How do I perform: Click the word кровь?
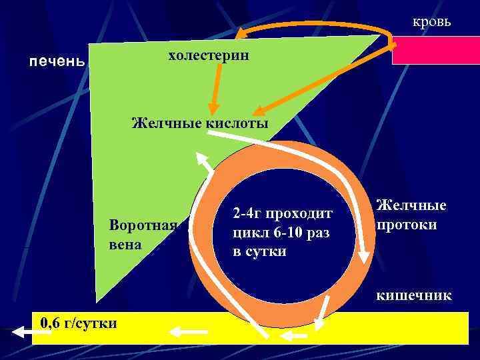431,22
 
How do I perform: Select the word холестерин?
209,55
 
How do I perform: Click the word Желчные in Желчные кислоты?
162,123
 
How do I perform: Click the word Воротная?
143,225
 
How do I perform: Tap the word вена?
125,244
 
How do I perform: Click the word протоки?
407,224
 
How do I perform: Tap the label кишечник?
413,295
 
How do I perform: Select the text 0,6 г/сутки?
78,323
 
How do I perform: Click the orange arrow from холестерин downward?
215,83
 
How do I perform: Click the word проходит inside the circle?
298,213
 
